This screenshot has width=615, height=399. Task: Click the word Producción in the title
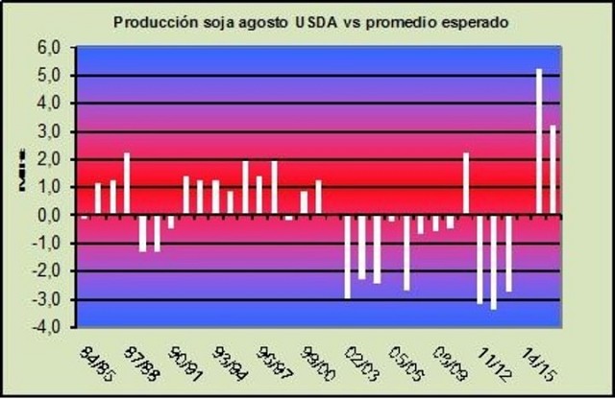pos(152,20)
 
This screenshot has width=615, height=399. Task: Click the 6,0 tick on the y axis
pos(49,47)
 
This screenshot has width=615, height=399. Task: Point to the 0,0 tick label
pos(49,216)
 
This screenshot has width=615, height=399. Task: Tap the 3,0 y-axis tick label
pos(49,131)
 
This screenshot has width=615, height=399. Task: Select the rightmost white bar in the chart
pos(553,170)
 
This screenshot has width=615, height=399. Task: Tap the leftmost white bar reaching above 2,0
pos(127,184)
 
